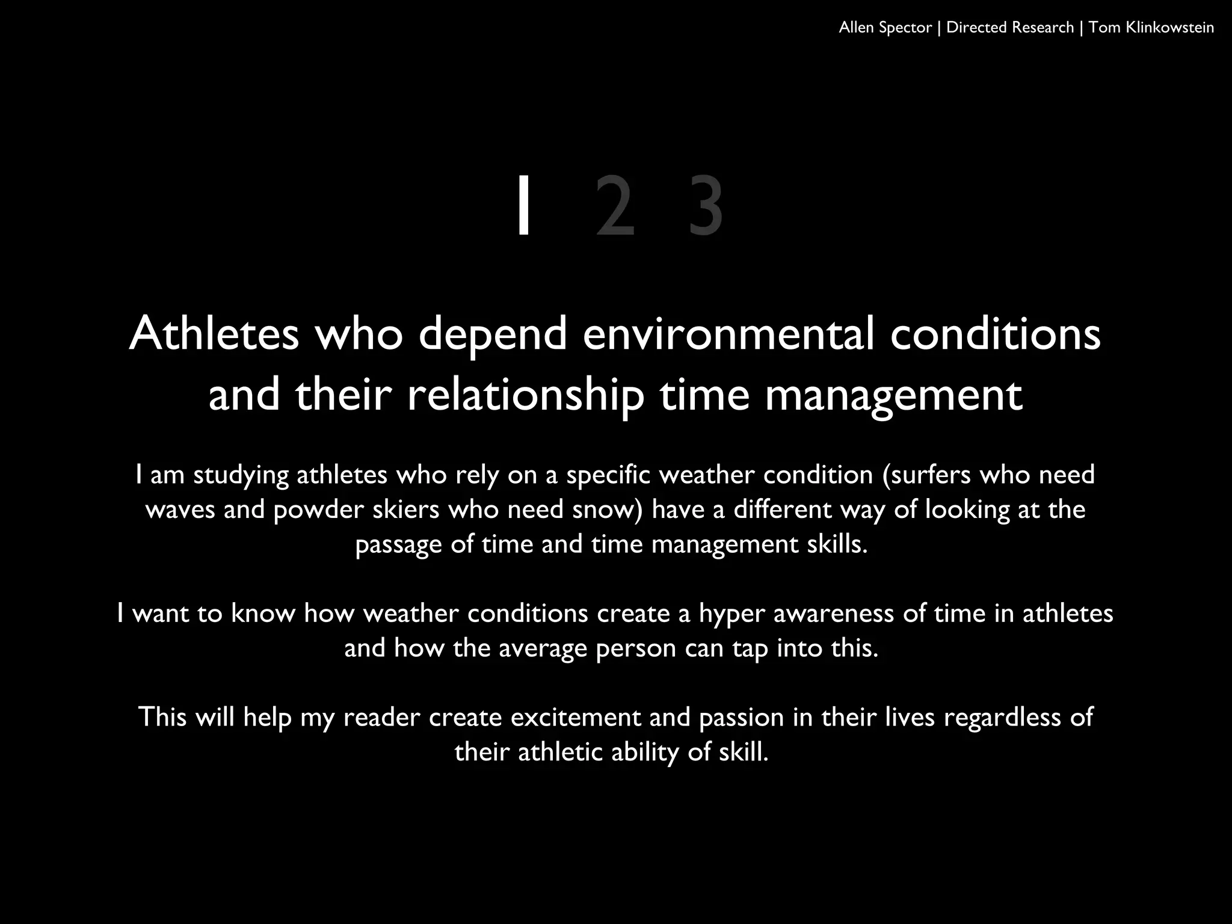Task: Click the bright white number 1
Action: tap(524, 205)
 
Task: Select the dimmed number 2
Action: tap(615, 205)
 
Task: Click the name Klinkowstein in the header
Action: tap(1169, 28)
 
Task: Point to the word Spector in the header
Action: tap(905, 28)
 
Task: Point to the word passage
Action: tap(398, 545)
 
